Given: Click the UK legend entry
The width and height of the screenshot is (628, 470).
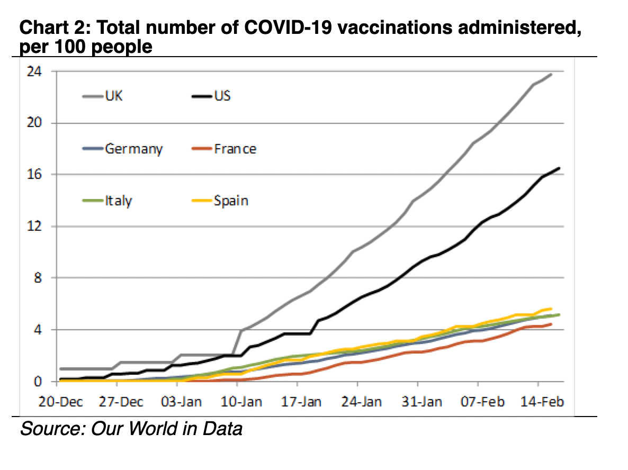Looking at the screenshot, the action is click(103, 96).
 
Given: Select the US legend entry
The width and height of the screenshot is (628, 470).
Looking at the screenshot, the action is click(211, 96).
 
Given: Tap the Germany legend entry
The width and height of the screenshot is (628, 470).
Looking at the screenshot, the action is click(122, 149).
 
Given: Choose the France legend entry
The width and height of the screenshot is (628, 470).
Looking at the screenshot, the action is click(224, 149).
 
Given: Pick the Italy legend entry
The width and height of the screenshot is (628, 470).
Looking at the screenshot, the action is click(107, 201).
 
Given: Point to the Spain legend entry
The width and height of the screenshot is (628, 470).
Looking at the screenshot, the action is click(220, 201).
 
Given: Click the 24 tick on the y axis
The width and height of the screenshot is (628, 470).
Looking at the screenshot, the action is click(34, 71).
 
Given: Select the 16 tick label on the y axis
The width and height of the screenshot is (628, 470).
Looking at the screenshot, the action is click(34, 174).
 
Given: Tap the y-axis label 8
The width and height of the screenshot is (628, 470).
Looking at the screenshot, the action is click(38, 278).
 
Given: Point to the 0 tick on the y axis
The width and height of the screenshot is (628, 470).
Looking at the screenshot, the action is click(38, 382).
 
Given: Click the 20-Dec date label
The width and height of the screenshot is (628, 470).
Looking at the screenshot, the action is click(60, 402).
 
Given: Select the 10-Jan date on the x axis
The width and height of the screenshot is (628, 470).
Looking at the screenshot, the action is click(241, 402).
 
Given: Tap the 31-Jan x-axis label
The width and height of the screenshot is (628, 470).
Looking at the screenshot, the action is click(421, 402).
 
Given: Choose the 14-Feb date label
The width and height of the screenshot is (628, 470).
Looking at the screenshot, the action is click(542, 402).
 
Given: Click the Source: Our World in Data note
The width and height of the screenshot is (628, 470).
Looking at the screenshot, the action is click(131, 429).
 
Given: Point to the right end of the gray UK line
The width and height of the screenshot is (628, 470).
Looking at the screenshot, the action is click(551, 74).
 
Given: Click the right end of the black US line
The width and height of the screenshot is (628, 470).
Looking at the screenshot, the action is click(559, 168).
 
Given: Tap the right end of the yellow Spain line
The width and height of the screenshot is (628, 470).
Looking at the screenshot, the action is click(551, 309).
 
